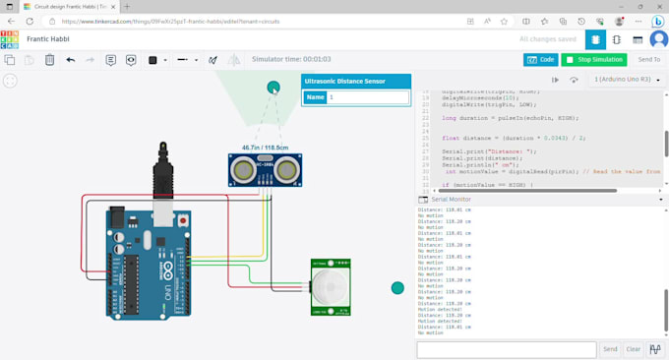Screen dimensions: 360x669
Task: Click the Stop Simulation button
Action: point(594,60)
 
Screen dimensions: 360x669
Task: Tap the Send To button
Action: point(648,60)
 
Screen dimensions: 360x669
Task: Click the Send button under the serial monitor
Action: point(610,349)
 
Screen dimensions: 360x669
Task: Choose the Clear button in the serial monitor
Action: point(634,349)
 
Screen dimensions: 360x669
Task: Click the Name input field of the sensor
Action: point(368,97)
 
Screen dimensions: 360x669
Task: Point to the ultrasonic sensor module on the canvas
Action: point(265,170)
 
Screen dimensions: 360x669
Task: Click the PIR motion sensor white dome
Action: point(329,287)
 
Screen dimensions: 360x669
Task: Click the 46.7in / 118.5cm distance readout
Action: point(266,148)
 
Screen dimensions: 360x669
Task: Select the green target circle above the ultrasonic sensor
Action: point(274,88)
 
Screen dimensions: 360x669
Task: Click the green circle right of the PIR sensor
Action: point(397,288)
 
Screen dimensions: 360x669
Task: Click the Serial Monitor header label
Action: point(451,200)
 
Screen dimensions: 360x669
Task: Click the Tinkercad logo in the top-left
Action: point(10,39)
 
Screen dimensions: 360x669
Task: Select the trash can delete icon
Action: point(49,60)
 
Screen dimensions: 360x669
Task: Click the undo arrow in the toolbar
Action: point(71,60)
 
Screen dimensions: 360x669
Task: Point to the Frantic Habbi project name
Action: point(47,39)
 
